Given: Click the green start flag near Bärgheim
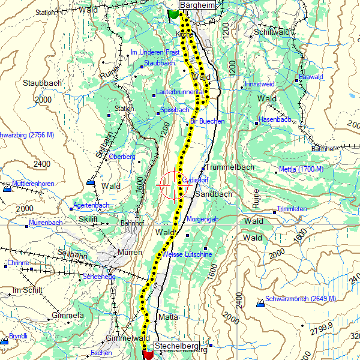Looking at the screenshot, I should pos(173,14).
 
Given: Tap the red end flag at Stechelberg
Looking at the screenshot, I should pos(148,355).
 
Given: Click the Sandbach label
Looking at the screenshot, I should pos(214,195).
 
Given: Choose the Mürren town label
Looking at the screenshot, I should pos(130,252).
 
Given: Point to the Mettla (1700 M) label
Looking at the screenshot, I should pos(301,169).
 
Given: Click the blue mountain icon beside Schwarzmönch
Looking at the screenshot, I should pos(260,304).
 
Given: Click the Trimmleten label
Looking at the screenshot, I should pos(293,209).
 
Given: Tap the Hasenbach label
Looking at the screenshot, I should pos(275,120).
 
